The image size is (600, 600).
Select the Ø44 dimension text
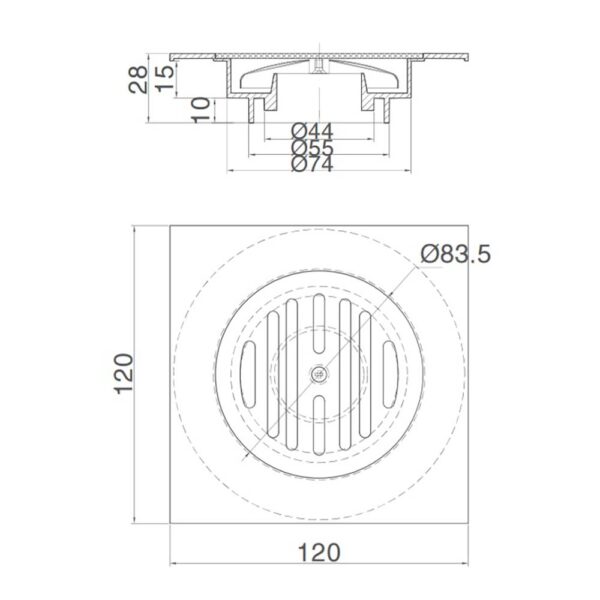[312, 132]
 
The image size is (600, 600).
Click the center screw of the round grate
[318, 372]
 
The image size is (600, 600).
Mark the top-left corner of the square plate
[171, 226]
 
